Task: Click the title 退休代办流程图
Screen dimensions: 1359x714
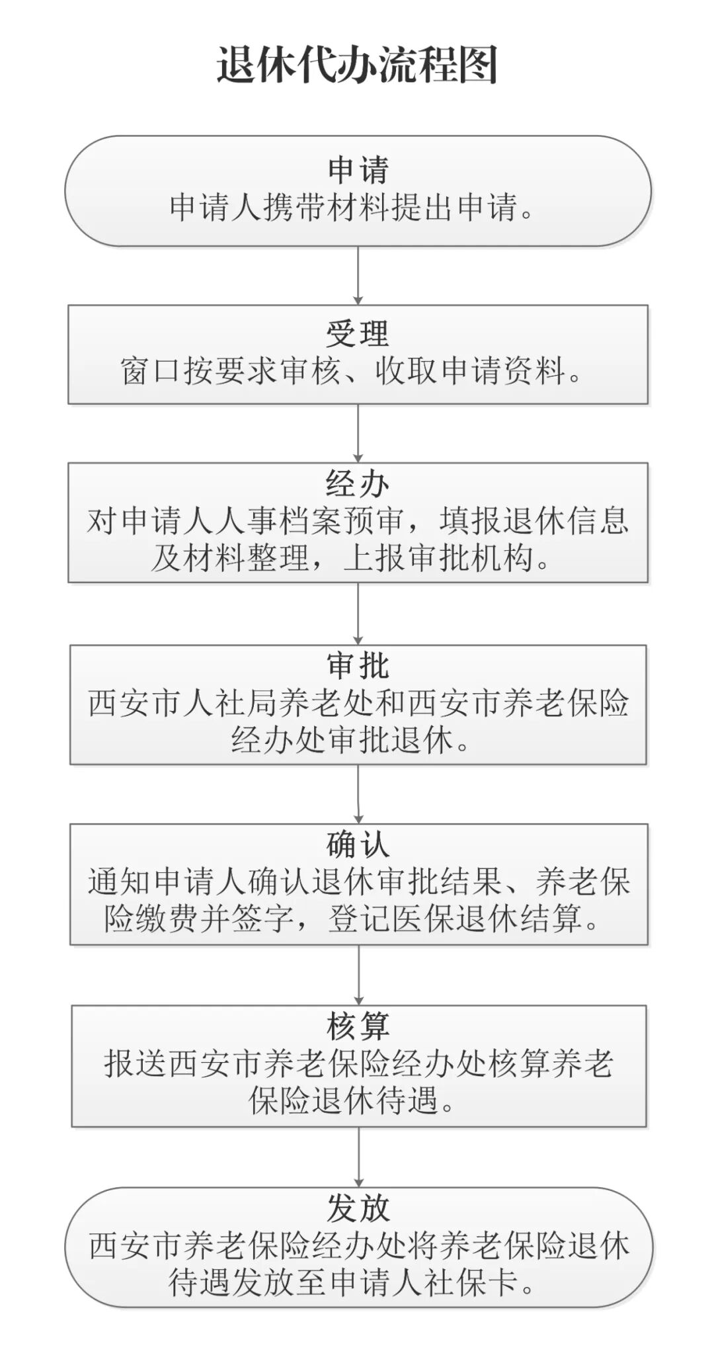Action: coord(357,65)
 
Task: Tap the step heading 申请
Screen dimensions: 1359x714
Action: coord(358,170)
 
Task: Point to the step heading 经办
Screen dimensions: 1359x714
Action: coord(358,485)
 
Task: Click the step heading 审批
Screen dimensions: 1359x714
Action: coord(358,666)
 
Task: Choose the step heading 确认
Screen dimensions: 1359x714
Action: coord(358,844)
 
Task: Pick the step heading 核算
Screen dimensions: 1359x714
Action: coord(358,1026)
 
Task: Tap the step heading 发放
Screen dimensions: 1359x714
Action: coord(358,1208)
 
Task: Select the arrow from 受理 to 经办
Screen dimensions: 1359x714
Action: coord(358,433)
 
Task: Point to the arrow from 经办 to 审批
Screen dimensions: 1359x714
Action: coord(358,614)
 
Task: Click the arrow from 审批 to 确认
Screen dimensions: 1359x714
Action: coord(358,794)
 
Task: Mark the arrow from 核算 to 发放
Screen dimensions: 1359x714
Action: coord(358,1157)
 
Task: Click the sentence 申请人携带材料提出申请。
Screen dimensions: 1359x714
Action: coord(352,208)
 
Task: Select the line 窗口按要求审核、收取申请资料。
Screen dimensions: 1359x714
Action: coord(352,371)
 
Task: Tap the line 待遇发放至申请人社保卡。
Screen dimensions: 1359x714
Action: coord(352,1282)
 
